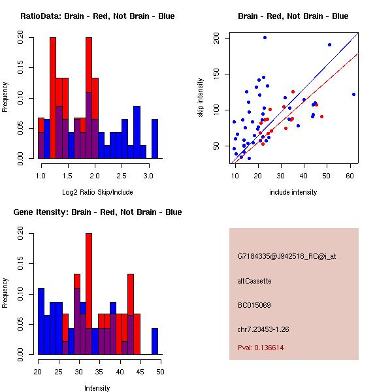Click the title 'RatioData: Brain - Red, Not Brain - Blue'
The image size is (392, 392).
97,16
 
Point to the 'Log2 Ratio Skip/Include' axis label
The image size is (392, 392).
97,192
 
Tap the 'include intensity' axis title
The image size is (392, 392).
293,192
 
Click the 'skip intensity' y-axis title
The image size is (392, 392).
201,97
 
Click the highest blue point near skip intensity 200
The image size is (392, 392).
265,37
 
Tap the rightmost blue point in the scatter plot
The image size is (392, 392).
353,94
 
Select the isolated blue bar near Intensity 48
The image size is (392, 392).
155,341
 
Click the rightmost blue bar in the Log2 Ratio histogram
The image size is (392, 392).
155,139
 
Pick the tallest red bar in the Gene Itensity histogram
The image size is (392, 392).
89,281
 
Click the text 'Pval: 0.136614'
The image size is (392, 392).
261,348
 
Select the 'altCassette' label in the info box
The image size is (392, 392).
255,281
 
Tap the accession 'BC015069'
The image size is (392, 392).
254,305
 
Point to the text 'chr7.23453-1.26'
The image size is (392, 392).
263,329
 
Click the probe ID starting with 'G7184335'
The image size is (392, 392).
287,256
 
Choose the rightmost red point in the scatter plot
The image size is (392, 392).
321,116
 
